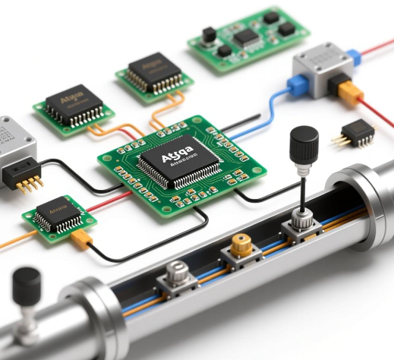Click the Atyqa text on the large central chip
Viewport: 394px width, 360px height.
tap(175, 156)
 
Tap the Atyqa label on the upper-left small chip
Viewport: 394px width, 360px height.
tap(71, 99)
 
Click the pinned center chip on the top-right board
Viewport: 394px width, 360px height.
tap(245, 36)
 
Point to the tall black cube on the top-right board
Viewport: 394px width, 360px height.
tap(207, 35)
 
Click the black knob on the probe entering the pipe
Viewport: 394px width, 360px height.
tap(304, 141)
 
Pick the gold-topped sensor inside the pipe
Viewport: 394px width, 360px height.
tap(241, 245)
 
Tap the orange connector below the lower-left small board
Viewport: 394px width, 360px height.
tap(81, 241)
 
